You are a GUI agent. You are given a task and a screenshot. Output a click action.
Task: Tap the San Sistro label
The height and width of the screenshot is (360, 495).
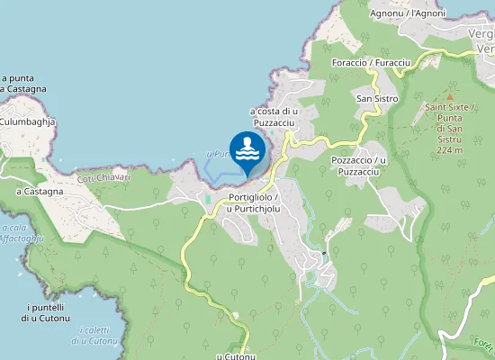point(377,98)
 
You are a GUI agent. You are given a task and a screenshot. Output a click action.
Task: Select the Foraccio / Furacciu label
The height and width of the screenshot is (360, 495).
point(371,62)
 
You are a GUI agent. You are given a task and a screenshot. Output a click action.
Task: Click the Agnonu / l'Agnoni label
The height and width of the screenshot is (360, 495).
point(409,13)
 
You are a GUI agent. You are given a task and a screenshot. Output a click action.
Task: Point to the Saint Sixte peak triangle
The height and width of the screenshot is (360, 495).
point(448,94)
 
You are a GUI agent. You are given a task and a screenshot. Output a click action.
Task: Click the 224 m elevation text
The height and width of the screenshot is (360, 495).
point(448,150)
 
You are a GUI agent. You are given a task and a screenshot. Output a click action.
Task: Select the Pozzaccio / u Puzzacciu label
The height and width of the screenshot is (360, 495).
point(358,166)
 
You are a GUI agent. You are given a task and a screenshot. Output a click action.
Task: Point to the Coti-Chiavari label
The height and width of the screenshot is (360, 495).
point(103,177)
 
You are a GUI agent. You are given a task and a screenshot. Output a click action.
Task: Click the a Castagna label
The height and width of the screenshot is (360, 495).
point(40,191)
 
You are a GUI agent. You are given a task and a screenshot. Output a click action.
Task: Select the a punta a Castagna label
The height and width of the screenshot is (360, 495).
point(17,84)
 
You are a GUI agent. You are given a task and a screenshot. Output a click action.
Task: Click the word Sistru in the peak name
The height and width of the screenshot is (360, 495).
point(448,139)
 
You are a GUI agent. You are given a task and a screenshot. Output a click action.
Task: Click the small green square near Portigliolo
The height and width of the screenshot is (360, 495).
point(209,198)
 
